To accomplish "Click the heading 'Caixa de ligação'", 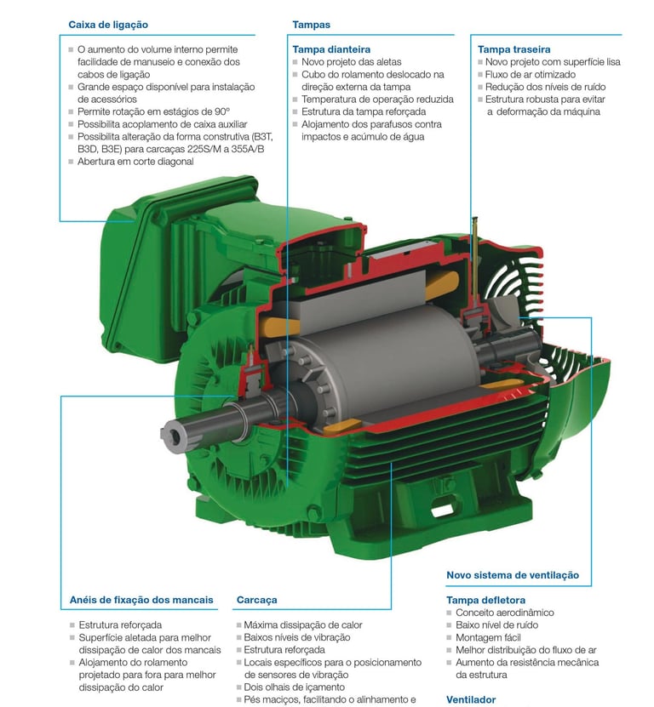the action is [108, 25].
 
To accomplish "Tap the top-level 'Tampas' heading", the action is [311, 25].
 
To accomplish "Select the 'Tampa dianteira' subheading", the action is [331, 49].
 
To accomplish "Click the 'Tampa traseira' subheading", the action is [513, 49].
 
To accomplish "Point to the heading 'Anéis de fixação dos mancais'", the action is [141, 600].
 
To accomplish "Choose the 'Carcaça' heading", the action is [256, 600].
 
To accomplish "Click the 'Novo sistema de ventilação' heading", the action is [513, 575].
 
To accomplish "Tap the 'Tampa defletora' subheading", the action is [485, 600].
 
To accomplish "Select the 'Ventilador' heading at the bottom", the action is [471, 700].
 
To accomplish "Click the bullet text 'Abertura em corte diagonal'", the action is [135, 162].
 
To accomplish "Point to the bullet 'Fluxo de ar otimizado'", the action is [531, 74].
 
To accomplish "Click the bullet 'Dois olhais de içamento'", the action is [295, 687].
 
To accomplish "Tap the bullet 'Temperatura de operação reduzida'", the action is [377, 100].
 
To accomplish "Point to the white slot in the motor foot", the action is [442, 510].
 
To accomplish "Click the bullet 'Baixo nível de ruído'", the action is [496, 625].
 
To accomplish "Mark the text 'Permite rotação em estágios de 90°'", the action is [153, 111].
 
